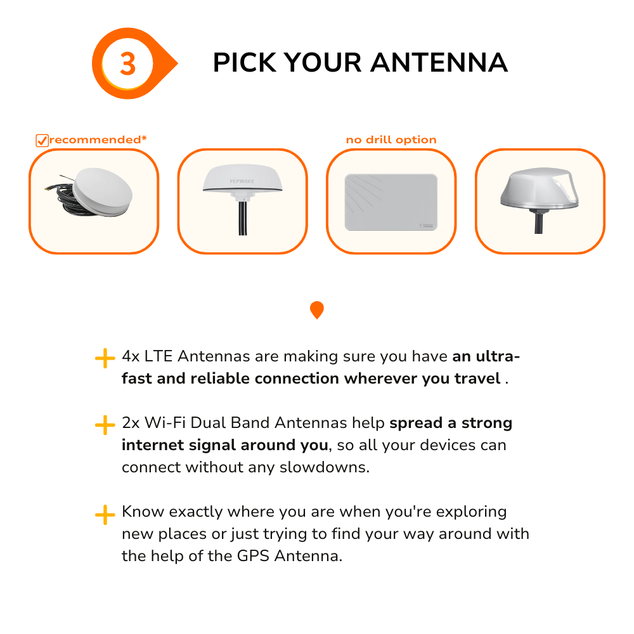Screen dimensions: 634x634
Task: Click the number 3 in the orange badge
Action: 128,64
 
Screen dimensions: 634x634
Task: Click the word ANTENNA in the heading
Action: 439,63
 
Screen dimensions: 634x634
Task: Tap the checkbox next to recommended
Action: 42,140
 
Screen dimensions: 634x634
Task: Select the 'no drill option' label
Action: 391,139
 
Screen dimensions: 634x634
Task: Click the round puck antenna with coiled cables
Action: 94,193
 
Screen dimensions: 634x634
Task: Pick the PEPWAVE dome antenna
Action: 243,198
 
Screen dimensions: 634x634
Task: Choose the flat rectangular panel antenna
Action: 391,202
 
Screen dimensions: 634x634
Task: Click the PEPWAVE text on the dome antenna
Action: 242,181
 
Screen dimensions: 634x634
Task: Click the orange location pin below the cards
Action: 317,310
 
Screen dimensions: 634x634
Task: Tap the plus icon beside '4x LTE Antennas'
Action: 105,358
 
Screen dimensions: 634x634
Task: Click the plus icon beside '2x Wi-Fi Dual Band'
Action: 105,425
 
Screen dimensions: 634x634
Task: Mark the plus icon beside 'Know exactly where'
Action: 105,515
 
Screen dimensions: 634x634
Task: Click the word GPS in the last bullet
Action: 253,556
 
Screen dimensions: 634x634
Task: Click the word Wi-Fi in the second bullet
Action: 165,422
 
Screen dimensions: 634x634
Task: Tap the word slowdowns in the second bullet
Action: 324,467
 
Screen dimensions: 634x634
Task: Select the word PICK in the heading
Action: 245,63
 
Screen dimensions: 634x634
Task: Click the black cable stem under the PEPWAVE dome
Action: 243,218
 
